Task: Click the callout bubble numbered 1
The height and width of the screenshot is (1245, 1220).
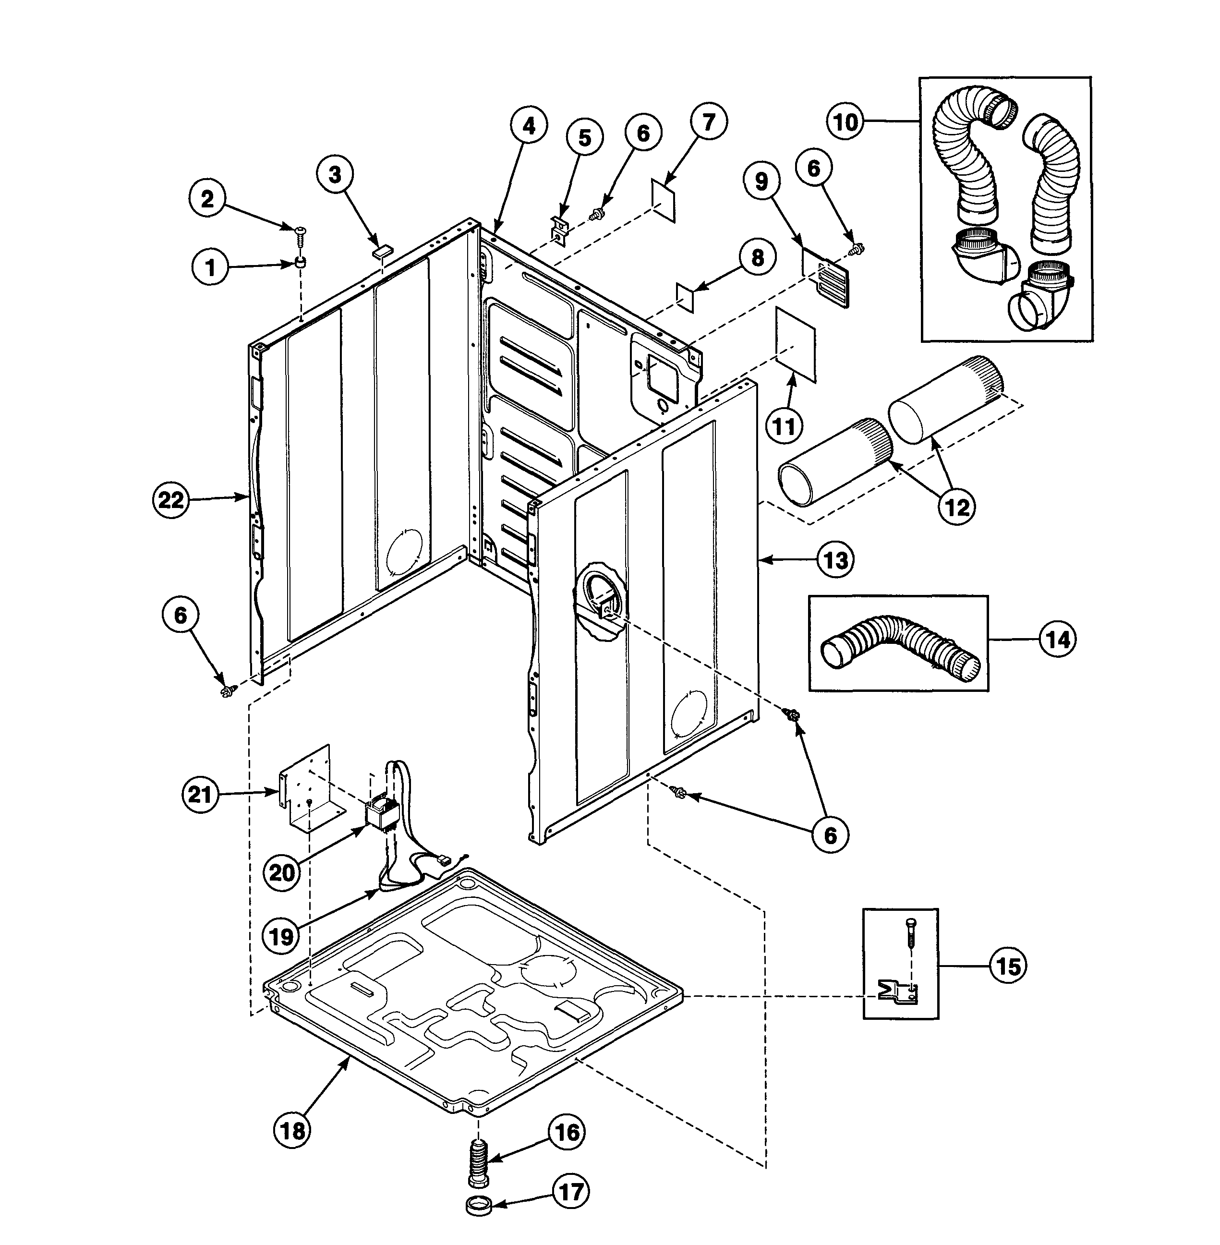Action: click(210, 267)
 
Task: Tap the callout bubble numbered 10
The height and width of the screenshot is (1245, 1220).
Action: click(846, 122)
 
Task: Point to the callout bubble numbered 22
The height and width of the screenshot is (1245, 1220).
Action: click(171, 500)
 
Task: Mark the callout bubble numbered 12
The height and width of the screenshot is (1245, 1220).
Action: click(956, 507)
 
